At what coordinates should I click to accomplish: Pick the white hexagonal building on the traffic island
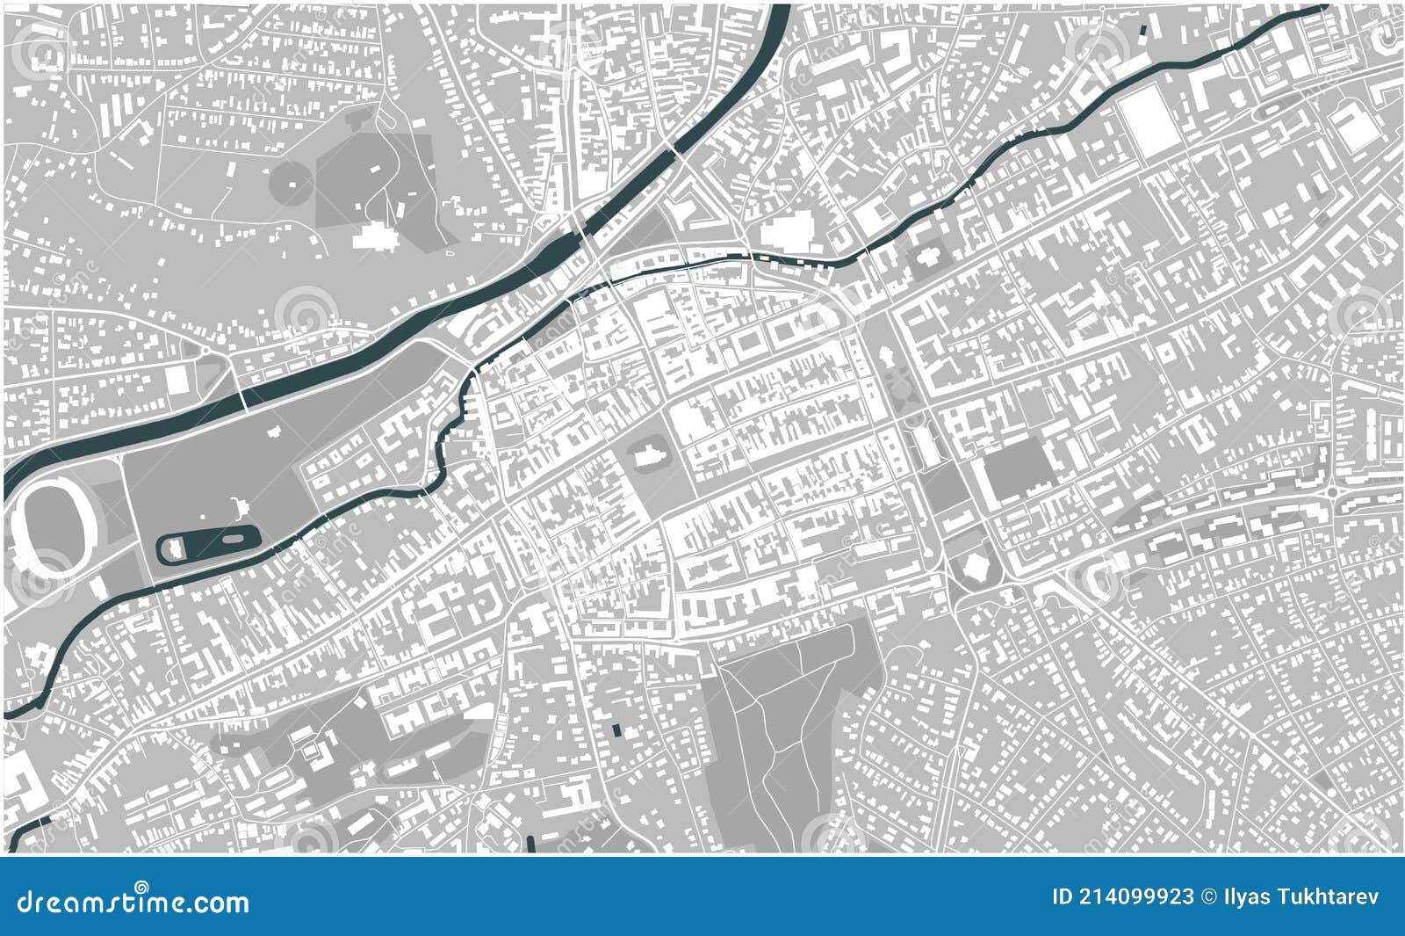pos(974,567)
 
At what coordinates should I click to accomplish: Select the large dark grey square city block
pos(1017,469)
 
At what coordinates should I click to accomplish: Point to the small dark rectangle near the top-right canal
pos(1142,30)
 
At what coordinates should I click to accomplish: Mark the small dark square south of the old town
pos(616,729)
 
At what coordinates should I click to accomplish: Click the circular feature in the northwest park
pos(292,182)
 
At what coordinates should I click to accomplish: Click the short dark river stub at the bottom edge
pos(532,845)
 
